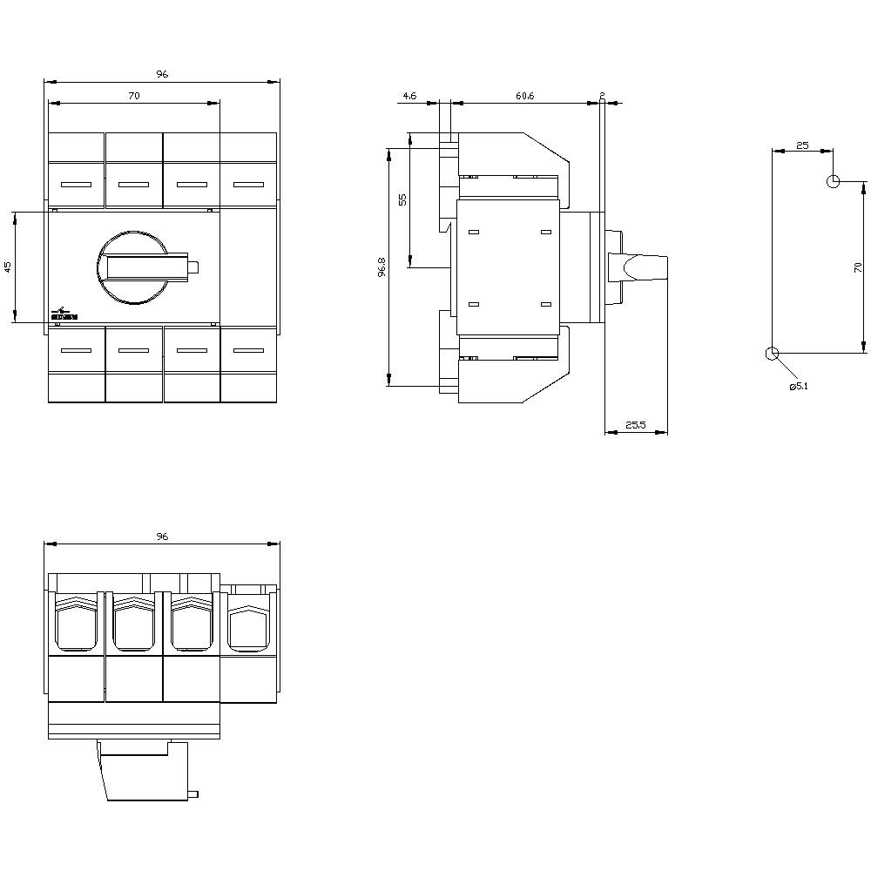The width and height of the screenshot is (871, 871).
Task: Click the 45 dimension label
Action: pos(9,267)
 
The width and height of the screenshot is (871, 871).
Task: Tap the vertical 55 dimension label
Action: pos(402,199)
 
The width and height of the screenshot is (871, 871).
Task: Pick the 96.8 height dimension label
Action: pos(381,267)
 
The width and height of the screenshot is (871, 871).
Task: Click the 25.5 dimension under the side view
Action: pos(636,425)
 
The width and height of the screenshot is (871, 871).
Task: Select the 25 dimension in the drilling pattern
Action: pos(802,145)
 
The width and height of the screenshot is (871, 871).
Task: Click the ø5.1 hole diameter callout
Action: pos(798,386)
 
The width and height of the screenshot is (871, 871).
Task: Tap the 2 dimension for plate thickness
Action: pos(602,94)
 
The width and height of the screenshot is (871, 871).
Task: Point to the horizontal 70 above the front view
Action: pos(133,97)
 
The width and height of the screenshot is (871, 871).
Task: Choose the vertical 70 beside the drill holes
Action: pos(857,267)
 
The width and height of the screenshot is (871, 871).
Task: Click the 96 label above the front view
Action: pos(162,75)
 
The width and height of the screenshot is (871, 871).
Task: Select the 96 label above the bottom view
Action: pos(162,537)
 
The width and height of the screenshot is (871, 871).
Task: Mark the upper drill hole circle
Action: pos(833,181)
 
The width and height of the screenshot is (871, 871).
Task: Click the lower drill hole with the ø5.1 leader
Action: pos(770,353)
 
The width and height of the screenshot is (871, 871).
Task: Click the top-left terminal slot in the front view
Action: pos(76,185)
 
